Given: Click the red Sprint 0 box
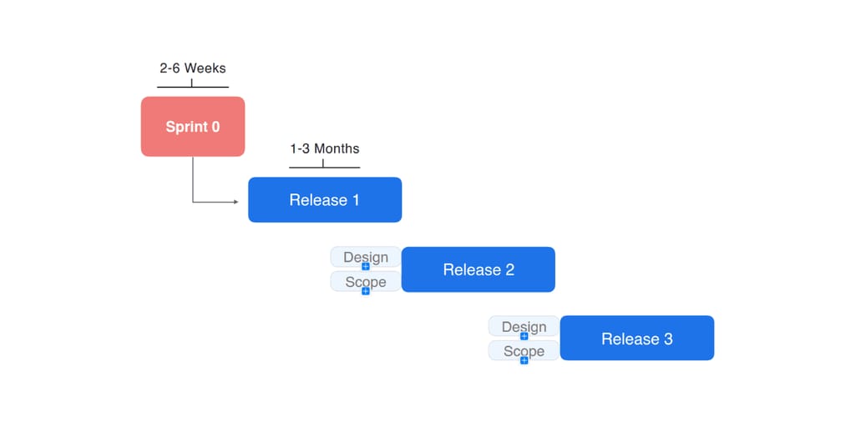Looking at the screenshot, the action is tap(193, 127).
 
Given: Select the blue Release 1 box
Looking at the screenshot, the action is tap(325, 199).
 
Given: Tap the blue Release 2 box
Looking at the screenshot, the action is tap(479, 269).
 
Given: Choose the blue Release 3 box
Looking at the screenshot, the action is tap(637, 338).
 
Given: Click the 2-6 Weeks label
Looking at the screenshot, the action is tap(193, 68).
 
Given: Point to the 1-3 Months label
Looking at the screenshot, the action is tap(325, 148).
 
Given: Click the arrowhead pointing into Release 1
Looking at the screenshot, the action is tap(236, 202).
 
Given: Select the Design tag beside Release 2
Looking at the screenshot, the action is tap(366, 257).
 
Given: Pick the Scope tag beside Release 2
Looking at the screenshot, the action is tap(366, 281).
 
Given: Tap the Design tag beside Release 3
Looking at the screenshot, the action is tap(524, 326).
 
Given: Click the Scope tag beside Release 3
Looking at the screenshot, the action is tap(524, 350).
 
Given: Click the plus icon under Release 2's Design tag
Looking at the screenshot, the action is tap(366, 267).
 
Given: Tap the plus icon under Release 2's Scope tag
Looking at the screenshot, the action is tap(366, 291).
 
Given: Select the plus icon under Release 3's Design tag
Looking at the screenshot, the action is tap(524, 336).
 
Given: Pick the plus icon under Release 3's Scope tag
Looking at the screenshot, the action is tap(524, 360).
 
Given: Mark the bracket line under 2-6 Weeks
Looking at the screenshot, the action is tap(193, 87).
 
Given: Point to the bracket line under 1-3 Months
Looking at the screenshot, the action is tap(325, 167).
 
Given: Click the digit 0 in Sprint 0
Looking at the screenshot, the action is tap(215, 127).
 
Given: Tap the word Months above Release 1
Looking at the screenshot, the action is tap(337, 148).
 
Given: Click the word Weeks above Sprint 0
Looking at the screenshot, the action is tap(205, 68).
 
